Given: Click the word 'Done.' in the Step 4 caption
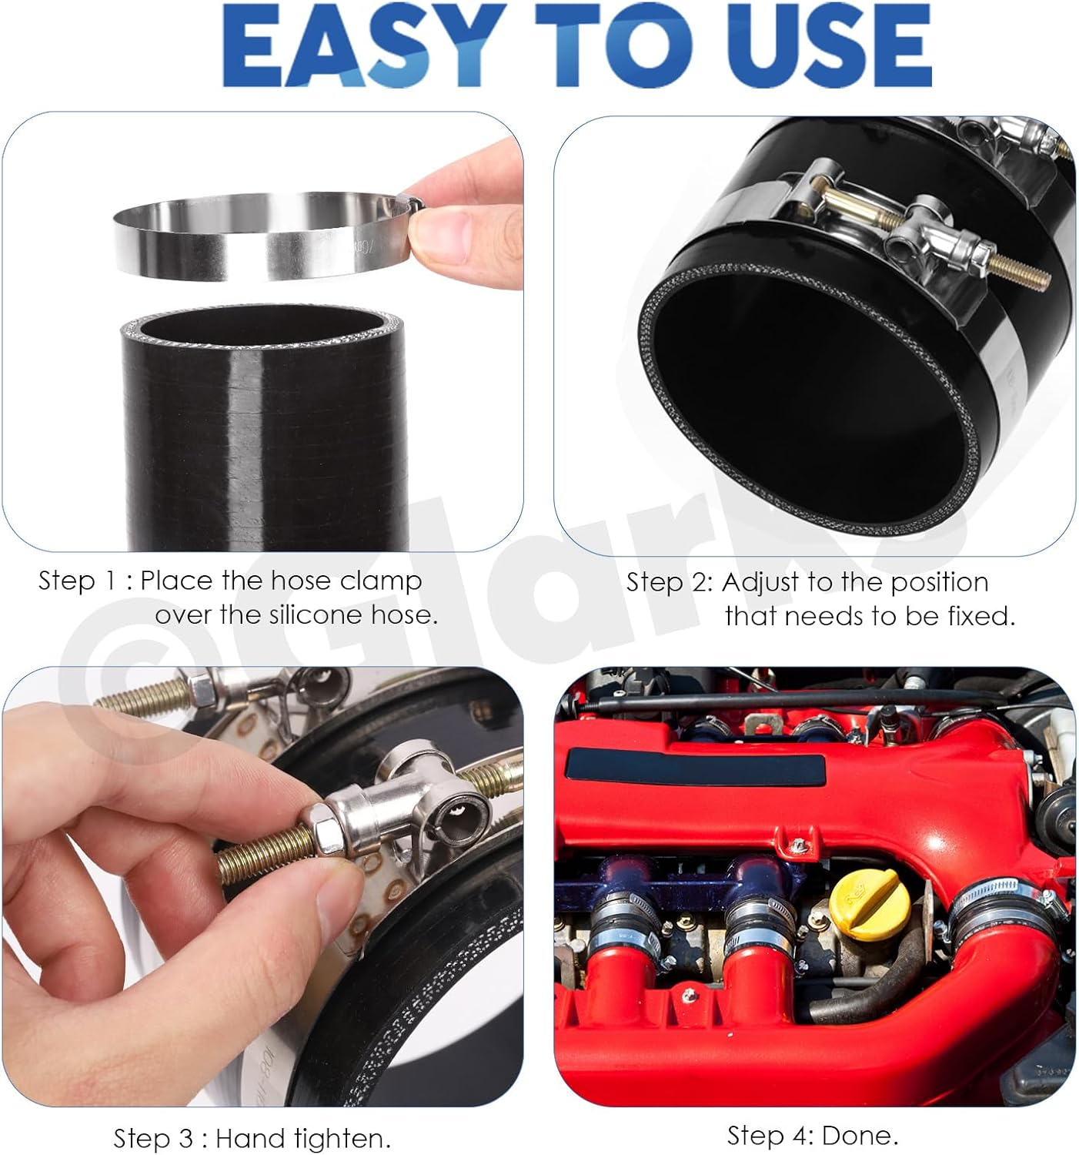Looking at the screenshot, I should [860, 1135].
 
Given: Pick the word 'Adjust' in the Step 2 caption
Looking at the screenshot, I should [761, 582].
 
